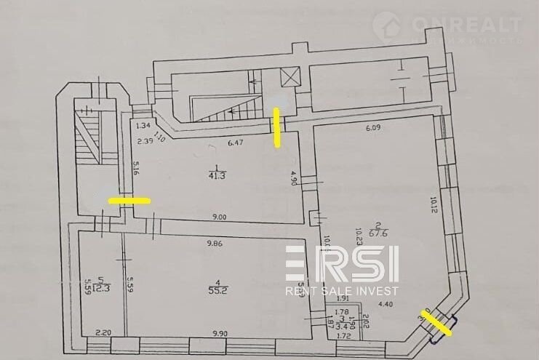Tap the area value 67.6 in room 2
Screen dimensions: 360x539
378,233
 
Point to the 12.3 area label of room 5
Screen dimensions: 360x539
102,287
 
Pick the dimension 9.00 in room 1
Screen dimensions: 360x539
219,216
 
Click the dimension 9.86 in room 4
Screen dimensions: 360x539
215,244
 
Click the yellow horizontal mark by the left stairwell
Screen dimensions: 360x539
129,199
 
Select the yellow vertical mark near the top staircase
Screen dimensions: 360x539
276,127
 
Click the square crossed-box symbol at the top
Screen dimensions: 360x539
290,76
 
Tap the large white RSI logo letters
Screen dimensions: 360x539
342,263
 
